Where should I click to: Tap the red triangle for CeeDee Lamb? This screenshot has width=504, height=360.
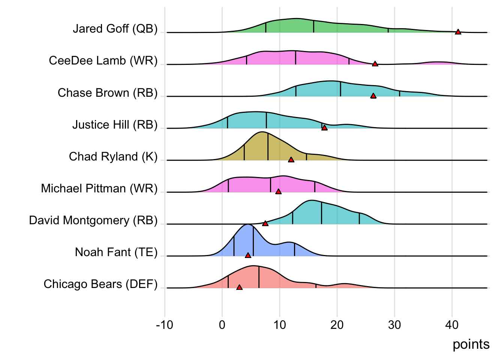click(375, 64)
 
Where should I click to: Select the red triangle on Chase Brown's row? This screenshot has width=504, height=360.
click(373, 96)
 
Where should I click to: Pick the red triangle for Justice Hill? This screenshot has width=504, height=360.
click(324, 128)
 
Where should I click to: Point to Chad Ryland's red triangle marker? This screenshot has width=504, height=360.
click(291, 160)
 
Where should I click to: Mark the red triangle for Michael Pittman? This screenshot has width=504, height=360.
click(278, 192)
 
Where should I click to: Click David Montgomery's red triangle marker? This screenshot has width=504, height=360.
click(265, 223)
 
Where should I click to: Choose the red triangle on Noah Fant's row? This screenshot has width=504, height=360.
click(248, 255)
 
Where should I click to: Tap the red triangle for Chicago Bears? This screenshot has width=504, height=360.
click(239, 288)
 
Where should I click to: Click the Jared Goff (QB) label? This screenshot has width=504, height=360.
click(115, 29)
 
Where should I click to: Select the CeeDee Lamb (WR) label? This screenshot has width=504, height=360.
click(103, 61)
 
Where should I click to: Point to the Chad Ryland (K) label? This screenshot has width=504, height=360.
click(113, 156)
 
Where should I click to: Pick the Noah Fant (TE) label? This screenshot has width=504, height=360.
click(116, 252)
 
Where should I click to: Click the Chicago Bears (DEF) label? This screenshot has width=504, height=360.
click(100, 284)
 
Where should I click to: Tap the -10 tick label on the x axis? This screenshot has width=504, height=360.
click(165, 325)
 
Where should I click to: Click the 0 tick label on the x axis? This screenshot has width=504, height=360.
click(222, 325)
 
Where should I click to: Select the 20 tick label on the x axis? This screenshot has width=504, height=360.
click(337, 325)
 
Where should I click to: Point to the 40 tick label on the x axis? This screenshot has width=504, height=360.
click(452, 325)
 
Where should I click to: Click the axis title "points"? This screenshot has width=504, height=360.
click(471, 344)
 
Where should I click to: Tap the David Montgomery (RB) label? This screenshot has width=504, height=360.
click(93, 220)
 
